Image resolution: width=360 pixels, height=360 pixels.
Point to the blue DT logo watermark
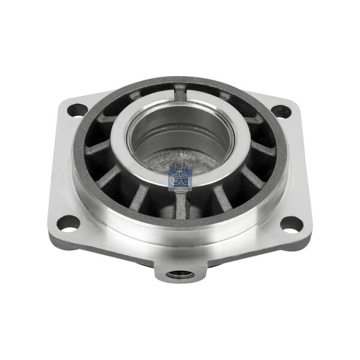pos(178,179)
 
